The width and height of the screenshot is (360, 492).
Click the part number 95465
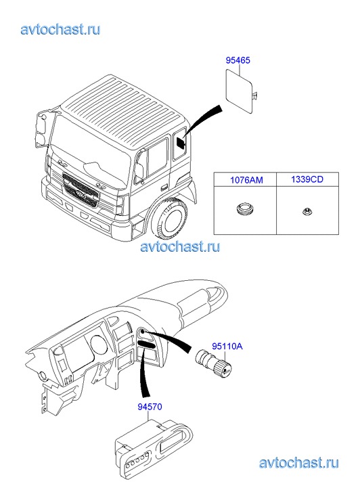tap(238, 60)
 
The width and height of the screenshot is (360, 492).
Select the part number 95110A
tap(227, 346)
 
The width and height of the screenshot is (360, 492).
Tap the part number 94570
tap(150, 407)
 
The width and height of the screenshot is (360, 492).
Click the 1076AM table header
tap(246, 180)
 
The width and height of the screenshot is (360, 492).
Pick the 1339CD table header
tap(307, 179)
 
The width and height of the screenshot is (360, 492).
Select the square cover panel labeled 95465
tap(240, 91)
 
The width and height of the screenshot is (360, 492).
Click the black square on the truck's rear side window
tap(181, 143)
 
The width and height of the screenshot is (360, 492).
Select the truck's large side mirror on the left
tap(41, 128)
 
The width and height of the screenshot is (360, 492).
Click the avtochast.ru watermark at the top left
tap(61, 29)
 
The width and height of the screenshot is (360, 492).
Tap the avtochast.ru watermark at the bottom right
tap(299, 463)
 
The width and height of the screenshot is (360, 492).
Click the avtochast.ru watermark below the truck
tap(180, 246)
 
